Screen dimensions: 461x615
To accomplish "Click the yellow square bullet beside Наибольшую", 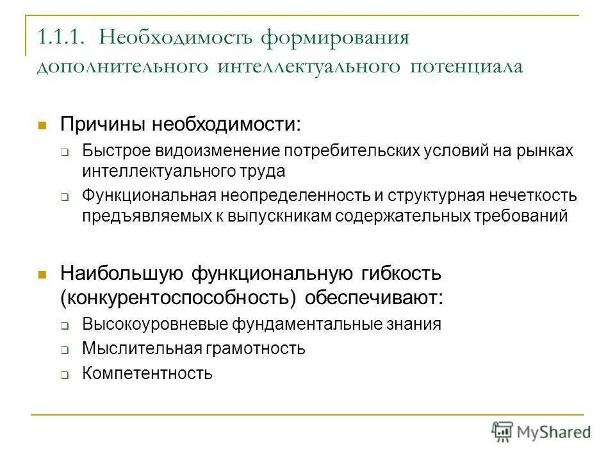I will click(x=44, y=275).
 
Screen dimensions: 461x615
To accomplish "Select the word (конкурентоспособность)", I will click(x=179, y=298).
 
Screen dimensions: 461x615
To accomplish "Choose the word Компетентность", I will click(x=147, y=373).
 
